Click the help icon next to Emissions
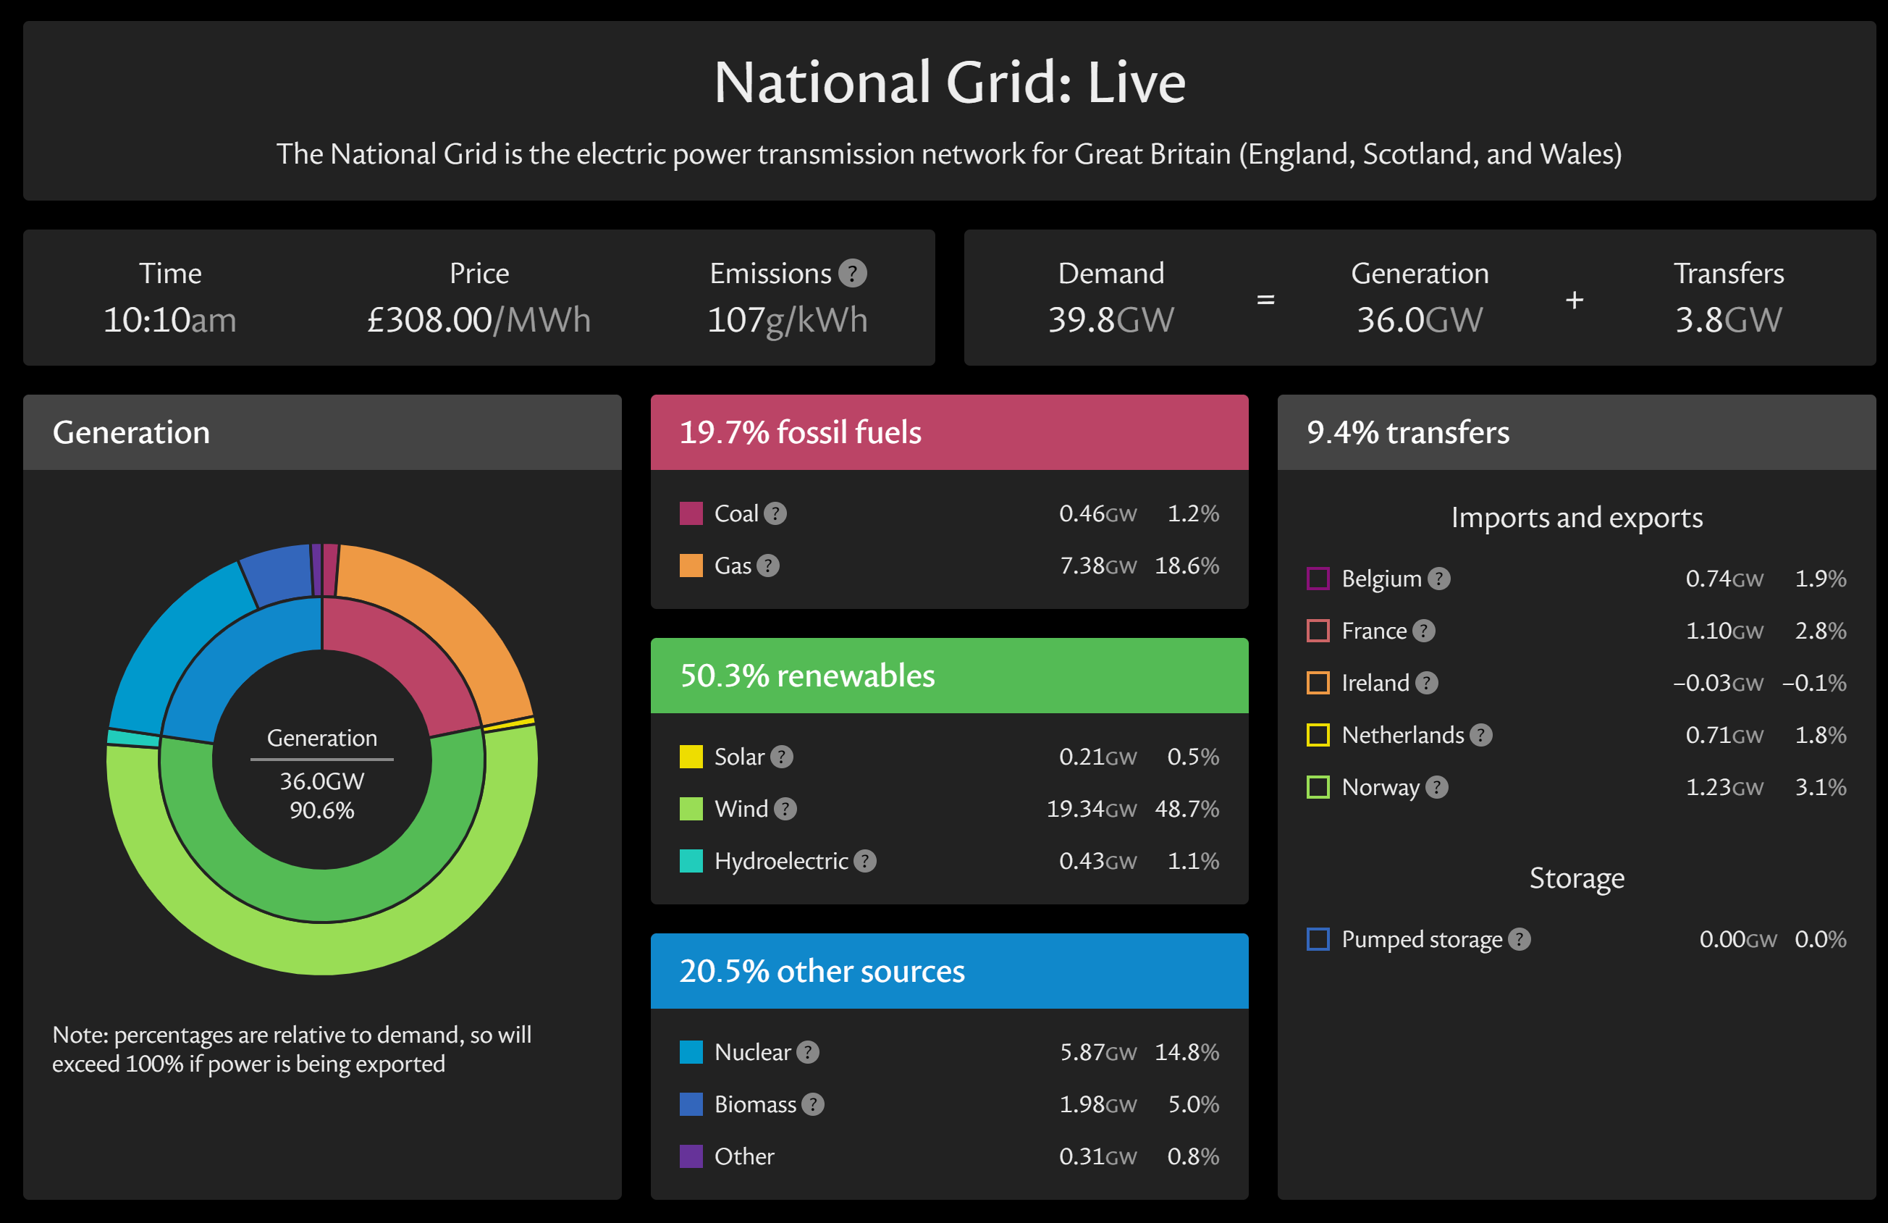852,274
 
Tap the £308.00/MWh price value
479,320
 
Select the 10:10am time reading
170,320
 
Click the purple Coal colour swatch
691,513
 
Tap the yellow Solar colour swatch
691,757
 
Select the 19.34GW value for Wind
1091,809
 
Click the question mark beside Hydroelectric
864,861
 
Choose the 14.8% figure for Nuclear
1186,1052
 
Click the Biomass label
754,1104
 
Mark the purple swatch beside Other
691,1156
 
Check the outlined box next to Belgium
1318,579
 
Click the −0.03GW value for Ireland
1717,683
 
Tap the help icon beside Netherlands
1480,735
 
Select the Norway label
1381,787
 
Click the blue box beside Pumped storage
1318,939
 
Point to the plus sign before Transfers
1575,300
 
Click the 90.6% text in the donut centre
321,810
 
